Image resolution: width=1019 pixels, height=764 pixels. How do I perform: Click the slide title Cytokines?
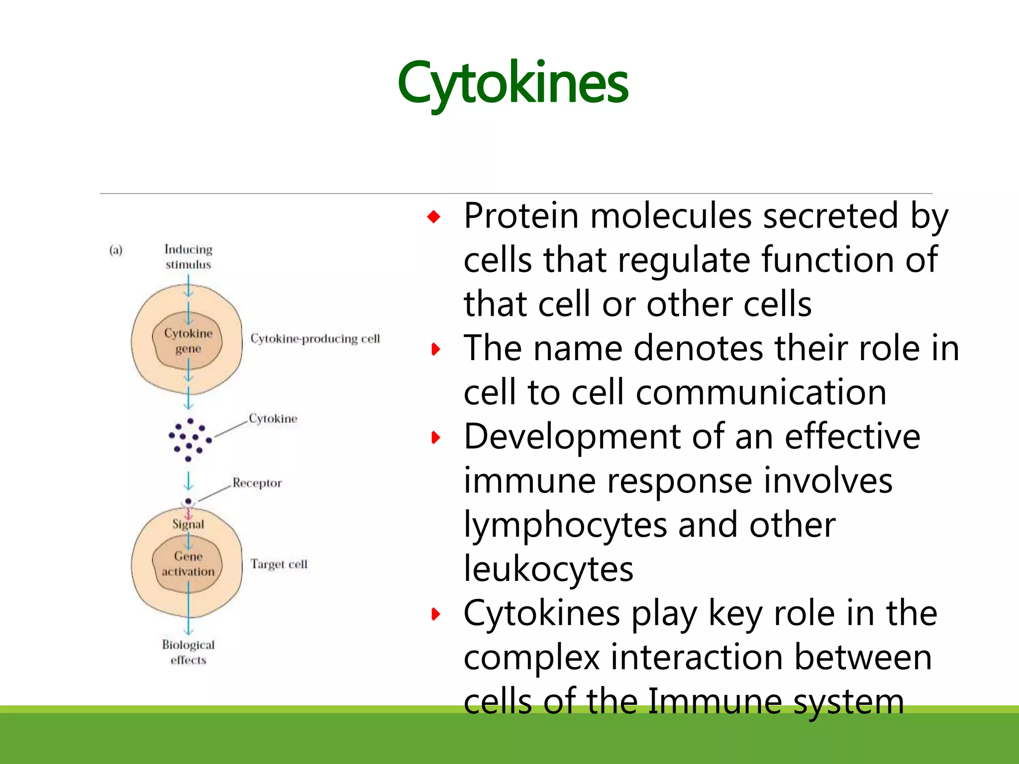512,84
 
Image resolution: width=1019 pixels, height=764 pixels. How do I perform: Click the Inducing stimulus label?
188,257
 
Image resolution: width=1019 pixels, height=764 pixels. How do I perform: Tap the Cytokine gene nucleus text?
188,341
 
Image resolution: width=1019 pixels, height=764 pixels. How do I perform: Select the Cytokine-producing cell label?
315,339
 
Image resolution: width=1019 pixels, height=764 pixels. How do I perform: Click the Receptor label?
257,483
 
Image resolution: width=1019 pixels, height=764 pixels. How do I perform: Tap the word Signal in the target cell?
188,524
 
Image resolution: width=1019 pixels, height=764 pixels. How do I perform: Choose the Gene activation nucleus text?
188,564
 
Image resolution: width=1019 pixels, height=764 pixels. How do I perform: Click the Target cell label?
279,564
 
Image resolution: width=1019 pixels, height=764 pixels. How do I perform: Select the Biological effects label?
188,652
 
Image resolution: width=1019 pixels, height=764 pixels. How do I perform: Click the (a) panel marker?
116,250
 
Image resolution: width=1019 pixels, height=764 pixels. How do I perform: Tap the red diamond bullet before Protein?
434,217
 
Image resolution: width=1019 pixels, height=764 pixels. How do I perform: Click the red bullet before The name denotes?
436,349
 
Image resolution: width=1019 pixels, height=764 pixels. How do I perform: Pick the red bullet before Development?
436,438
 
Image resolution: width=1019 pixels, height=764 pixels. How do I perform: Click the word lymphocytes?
565,526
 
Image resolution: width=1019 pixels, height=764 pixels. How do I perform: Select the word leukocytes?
548,570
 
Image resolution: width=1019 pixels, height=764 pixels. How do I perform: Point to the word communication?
761,393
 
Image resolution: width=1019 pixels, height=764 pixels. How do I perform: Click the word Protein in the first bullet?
521,217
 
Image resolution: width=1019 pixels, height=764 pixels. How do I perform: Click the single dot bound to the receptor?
188,501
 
